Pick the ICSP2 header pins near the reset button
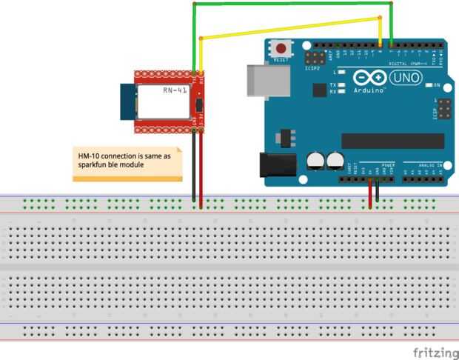click(317, 57)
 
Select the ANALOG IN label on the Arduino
click(429, 164)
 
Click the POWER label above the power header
click(388, 164)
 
